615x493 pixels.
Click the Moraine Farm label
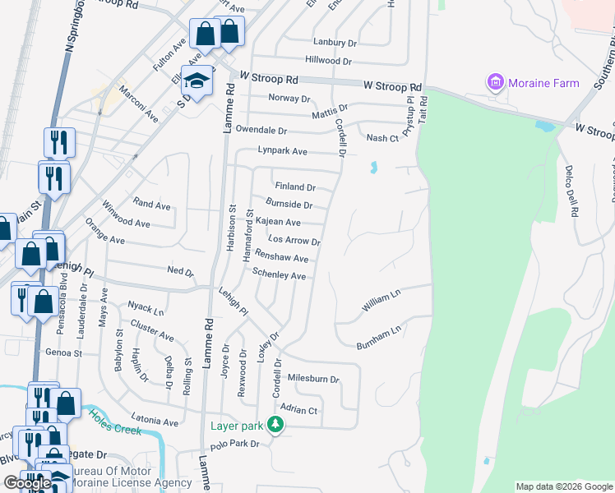click(543, 83)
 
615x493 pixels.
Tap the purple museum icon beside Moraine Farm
click(495, 82)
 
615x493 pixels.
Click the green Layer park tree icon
click(278, 425)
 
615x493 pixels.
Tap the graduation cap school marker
click(197, 81)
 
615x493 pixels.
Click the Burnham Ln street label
click(378, 339)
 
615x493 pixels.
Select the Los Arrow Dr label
click(294, 241)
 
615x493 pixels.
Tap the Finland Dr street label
click(295, 187)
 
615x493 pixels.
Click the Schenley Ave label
click(279, 274)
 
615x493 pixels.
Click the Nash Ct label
click(382, 138)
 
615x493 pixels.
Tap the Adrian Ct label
click(298, 409)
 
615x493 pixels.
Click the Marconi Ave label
click(138, 104)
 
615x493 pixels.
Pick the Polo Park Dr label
click(235, 445)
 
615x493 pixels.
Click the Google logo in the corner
click(27, 483)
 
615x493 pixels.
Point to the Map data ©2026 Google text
click(563, 486)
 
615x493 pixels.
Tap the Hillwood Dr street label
click(328, 61)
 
